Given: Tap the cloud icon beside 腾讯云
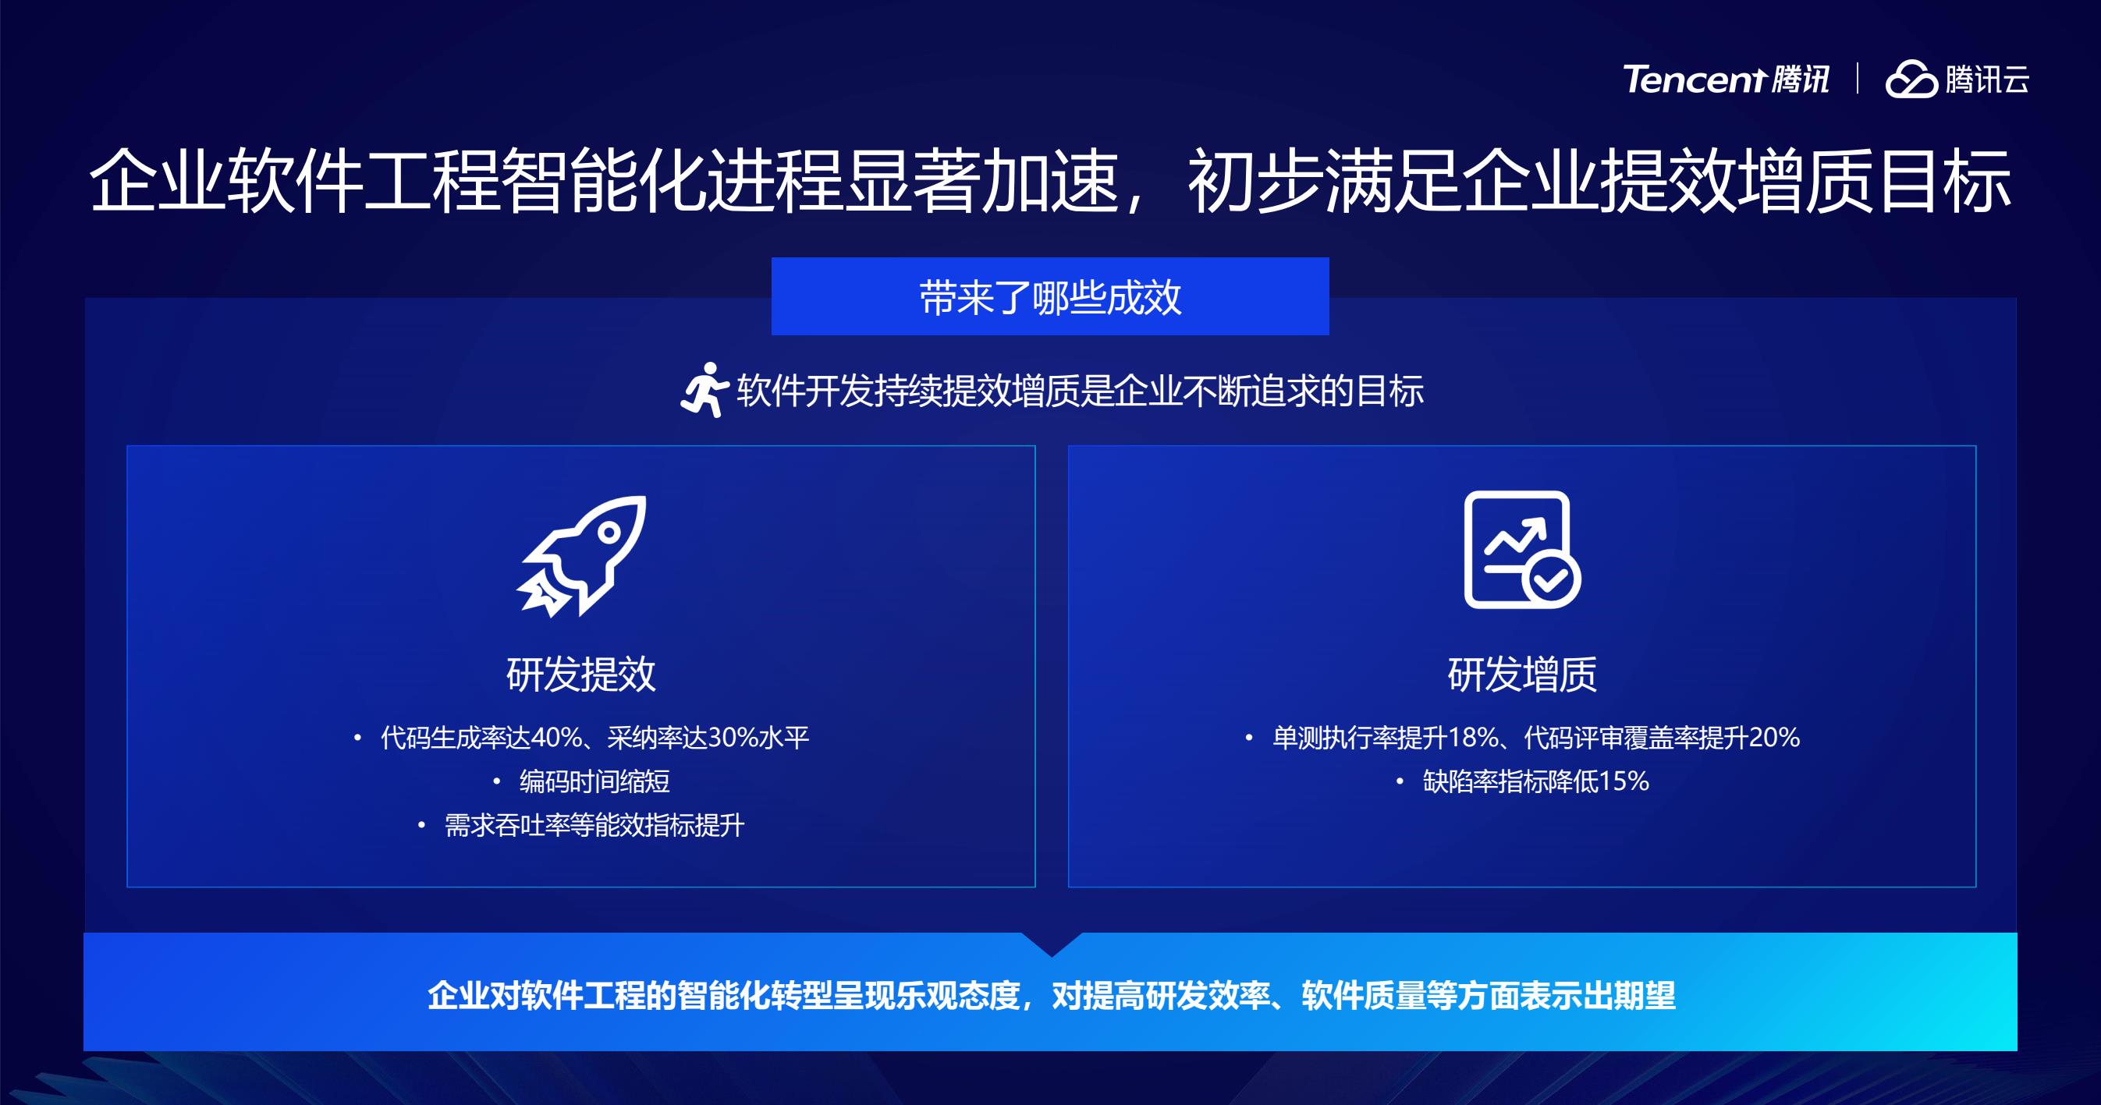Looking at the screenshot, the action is tap(1911, 80).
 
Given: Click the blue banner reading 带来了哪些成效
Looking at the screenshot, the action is tap(1049, 296).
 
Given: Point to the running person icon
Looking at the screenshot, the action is tap(704, 390).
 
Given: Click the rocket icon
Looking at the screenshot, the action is tap(581, 556).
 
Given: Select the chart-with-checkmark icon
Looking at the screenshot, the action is tap(1522, 550).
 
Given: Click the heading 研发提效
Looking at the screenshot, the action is tap(580, 674).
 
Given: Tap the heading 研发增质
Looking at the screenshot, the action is tap(1522, 674).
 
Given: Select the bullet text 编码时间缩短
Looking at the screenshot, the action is tap(594, 781).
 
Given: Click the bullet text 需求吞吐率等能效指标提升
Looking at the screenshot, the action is tap(594, 825).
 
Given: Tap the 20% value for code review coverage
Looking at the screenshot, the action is tap(1774, 737).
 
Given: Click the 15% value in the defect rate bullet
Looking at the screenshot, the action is tap(1623, 781).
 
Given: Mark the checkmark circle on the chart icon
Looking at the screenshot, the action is tap(1551, 579).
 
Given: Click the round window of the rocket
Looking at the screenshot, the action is tap(609, 533).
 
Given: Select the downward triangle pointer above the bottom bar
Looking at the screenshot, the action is tap(1052, 944).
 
